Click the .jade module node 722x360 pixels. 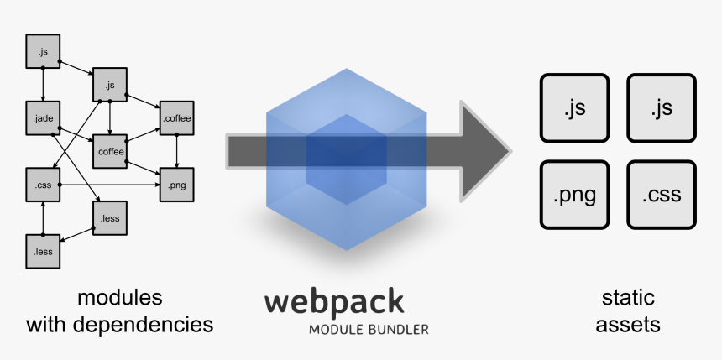(x=43, y=117)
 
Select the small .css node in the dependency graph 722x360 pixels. (x=43, y=183)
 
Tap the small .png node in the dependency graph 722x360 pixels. (x=176, y=184)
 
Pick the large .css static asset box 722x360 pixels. (x=661, y=196)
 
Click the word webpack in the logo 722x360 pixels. (x=334, y=302)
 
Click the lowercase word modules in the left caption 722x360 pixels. (x=119, y=298)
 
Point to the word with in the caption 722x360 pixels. (x=45, y=324)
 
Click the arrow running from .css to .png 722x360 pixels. (x=109, y=184)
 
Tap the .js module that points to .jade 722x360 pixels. (x=43, y=52)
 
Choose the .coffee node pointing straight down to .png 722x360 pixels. (x=176, y=118)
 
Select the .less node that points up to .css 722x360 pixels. (x=43, y=249)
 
